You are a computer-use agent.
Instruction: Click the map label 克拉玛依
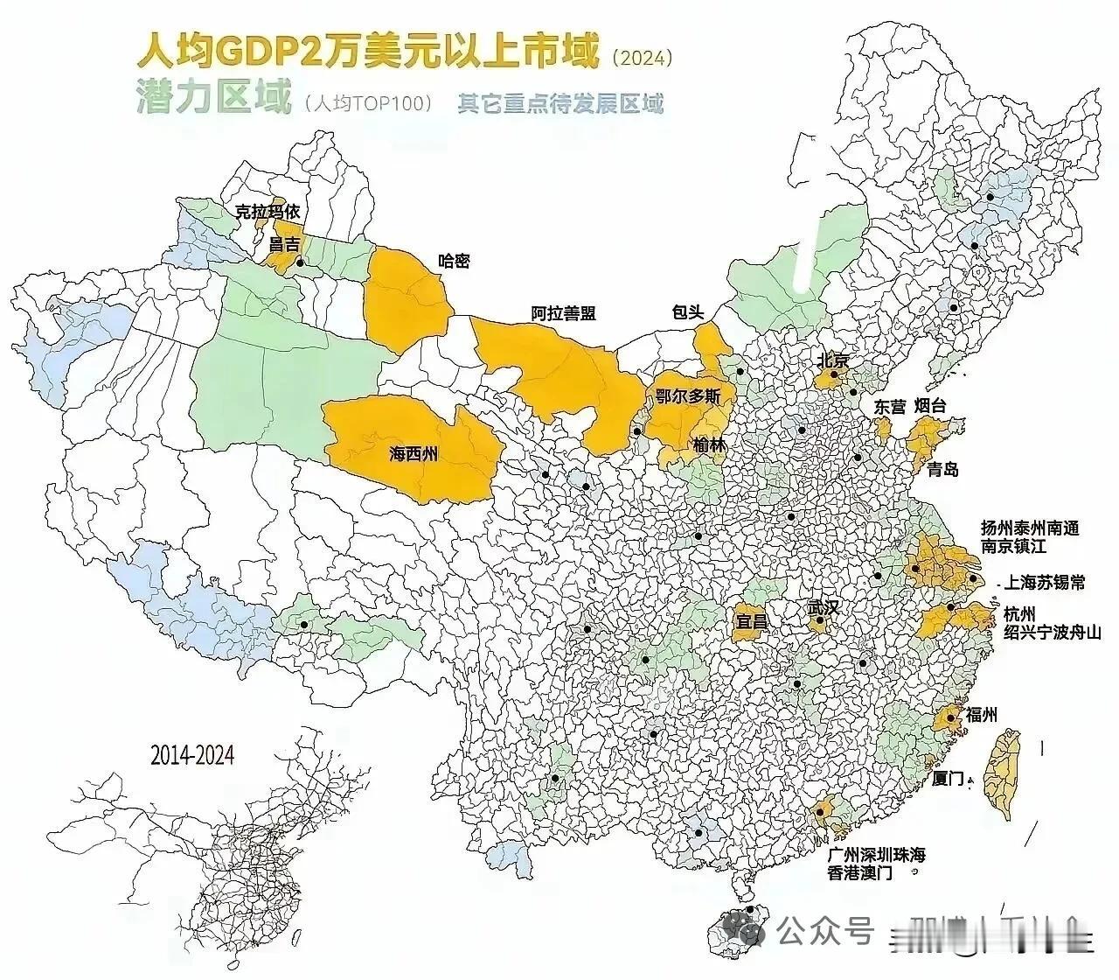tap(268, 211)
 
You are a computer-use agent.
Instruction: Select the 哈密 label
tap(453, 261)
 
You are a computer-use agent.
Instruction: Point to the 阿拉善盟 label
tap(559, 312)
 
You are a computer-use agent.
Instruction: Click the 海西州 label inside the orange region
tap(413, 454)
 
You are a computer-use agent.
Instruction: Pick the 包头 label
tap(688, 312)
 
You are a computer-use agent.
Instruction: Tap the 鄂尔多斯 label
tap(688, 396)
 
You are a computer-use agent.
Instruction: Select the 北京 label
tap(833, 360)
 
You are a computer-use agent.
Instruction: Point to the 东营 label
tap(890, 407)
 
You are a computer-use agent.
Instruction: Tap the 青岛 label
tap(942, 470)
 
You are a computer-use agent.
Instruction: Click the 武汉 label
tap(822, 606)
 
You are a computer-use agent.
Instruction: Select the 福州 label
tap(980, 715)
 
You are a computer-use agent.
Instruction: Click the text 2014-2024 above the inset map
tap(192, 754)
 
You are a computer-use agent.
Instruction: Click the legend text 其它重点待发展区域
tap(560, 104)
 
